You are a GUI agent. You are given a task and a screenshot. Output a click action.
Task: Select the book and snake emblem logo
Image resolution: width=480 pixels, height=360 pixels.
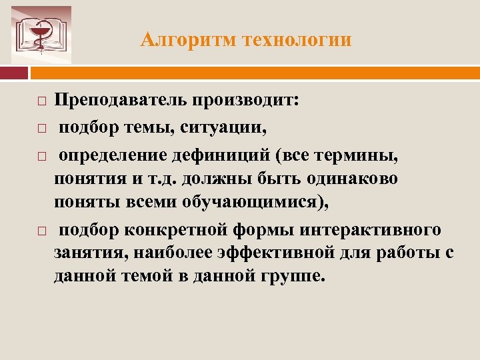[41, 35]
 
